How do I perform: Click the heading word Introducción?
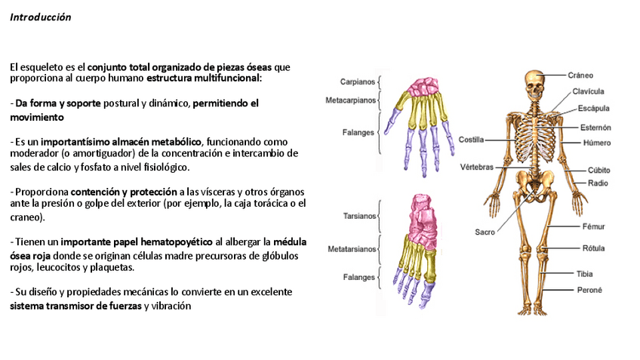click(x=41, y=17)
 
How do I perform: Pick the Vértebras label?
click(x=476, y=166)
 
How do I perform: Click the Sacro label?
click(x=485, y=232)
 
